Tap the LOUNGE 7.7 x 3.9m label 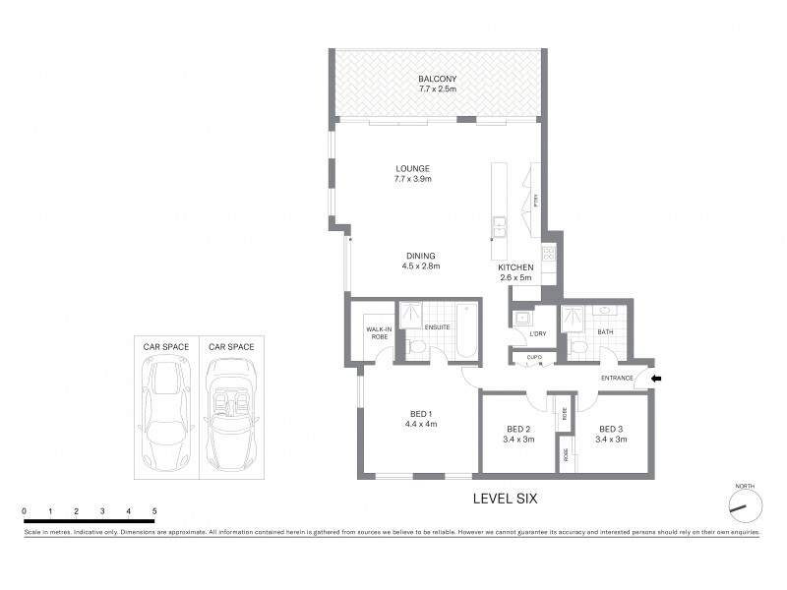[413, 174]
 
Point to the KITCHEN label [515, 267]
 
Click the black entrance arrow [657, 378]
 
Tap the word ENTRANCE [617, 379]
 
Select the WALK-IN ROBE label [377, 332]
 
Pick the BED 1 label [420, 419]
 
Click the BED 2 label [519, 434]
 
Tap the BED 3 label [612, 434]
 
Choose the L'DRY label [523, 336]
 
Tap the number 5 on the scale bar [154, 512]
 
